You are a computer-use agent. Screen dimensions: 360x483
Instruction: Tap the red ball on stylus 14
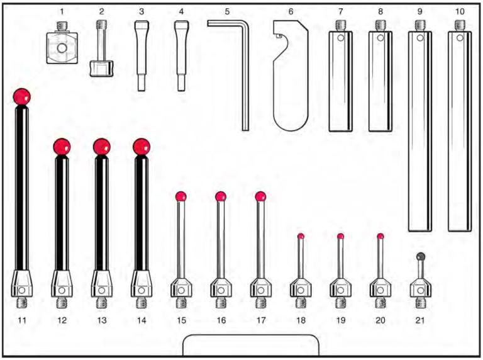point(142,147)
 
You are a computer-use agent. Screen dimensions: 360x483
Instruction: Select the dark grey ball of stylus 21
point(420,256)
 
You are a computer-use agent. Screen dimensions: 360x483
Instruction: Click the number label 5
point(227,11)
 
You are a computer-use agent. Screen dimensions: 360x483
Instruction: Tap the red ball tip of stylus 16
point(221,197)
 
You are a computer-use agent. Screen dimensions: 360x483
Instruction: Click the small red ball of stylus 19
point(340,237)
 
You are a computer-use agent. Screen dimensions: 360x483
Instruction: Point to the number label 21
point(420,321)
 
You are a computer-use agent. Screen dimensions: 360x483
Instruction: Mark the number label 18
point(301,321)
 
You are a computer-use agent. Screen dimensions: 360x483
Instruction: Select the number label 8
point(380,11)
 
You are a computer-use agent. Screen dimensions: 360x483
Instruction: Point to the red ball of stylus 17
point(260,197)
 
